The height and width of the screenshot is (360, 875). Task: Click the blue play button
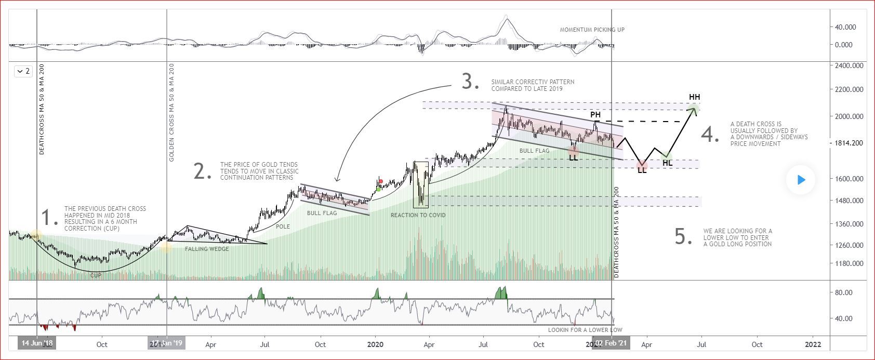pyautogui.click(x=801, y=180)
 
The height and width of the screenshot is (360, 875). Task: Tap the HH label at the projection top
pyautogui.click(x=694, y=97)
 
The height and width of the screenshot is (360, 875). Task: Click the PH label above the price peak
pyautogui.click(x=595, y=115)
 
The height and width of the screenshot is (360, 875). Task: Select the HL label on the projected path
pyautogui.click(x=668, y=163)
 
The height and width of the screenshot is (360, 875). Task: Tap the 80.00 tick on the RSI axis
pyautogui.click(x=845, y=292)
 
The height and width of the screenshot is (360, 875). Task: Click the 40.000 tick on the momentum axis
pyautogui.click(x=845, y=27)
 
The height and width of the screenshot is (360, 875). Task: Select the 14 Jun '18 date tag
pyautogui.click(x=37, y=343)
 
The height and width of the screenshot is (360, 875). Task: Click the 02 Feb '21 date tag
pyautogui.click(x=611, y=343)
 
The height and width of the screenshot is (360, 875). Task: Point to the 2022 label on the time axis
pyautogui.click(x=813, y=344)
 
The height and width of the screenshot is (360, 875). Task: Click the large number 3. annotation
pyautogui.click(x=470, y=82)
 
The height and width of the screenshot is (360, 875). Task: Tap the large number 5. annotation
pyautogui.click(x=683, y=236)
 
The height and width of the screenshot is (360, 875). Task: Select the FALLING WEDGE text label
pyautogui.click(x=207, y=249)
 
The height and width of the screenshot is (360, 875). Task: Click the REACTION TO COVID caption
pyautogui.click(x=418, y=215)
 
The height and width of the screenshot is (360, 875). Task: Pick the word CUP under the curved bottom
pyautogui.click(x=96, y=275)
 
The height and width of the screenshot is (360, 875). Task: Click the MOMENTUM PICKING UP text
pyautogui.click(x=592, y=30)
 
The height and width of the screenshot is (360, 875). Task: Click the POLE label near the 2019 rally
pyautogui.click(x=283, y=227)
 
